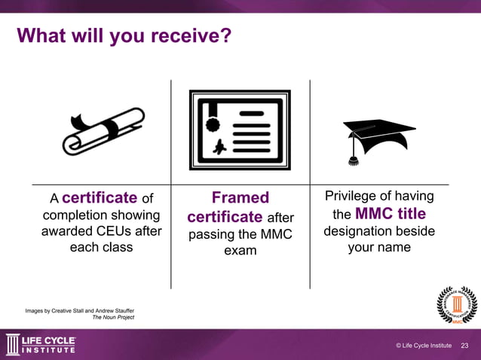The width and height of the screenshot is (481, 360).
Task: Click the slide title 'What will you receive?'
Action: (124, 35)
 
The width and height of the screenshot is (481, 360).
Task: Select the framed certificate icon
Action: (240, 130)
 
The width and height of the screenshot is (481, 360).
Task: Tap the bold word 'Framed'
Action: (240, 197)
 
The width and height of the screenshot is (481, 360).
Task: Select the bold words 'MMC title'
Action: (391, 213)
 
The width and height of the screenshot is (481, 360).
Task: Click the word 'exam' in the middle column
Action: (240, 250)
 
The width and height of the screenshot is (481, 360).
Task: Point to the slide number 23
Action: (464, 346)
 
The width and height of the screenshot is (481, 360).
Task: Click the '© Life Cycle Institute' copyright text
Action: (423, 346)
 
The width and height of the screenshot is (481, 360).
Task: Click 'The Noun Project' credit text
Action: (113, 318)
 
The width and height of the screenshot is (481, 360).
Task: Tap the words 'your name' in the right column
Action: (378, 247)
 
